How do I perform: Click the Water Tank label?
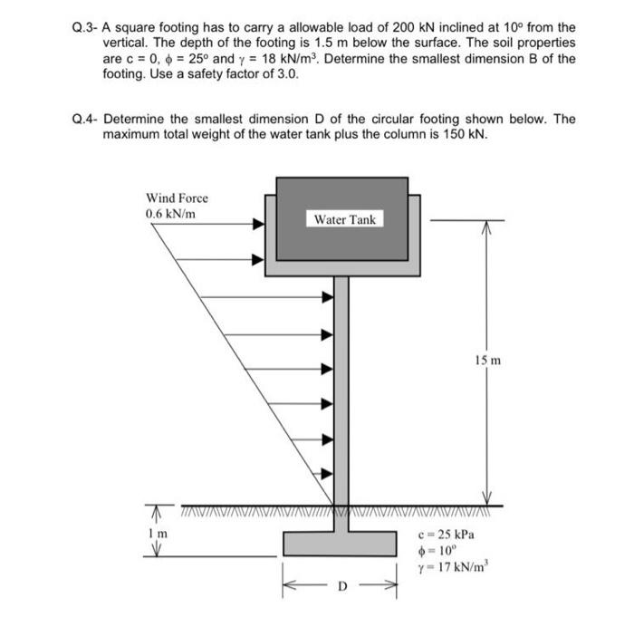coord(345,219)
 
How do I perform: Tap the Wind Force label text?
coord(177,198)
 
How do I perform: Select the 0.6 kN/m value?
coord(169,214)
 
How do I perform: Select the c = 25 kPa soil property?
coord(447,533)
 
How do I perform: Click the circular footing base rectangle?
coord(341,544)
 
